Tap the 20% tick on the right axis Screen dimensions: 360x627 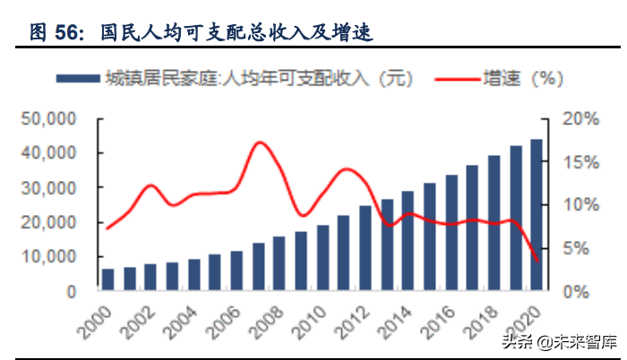click(x=577, y=118)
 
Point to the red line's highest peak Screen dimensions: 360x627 click(x=259, y=141)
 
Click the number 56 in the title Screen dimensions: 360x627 click(x=68, y=33)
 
